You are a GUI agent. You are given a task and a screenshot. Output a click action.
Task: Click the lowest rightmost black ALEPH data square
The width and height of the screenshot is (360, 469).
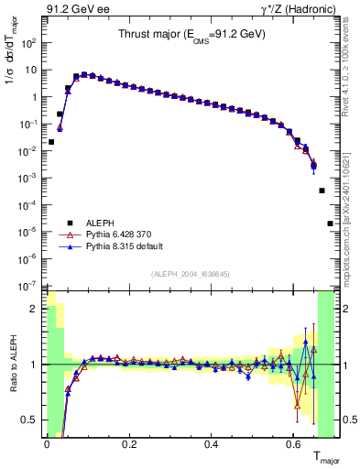tap(330, 223)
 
